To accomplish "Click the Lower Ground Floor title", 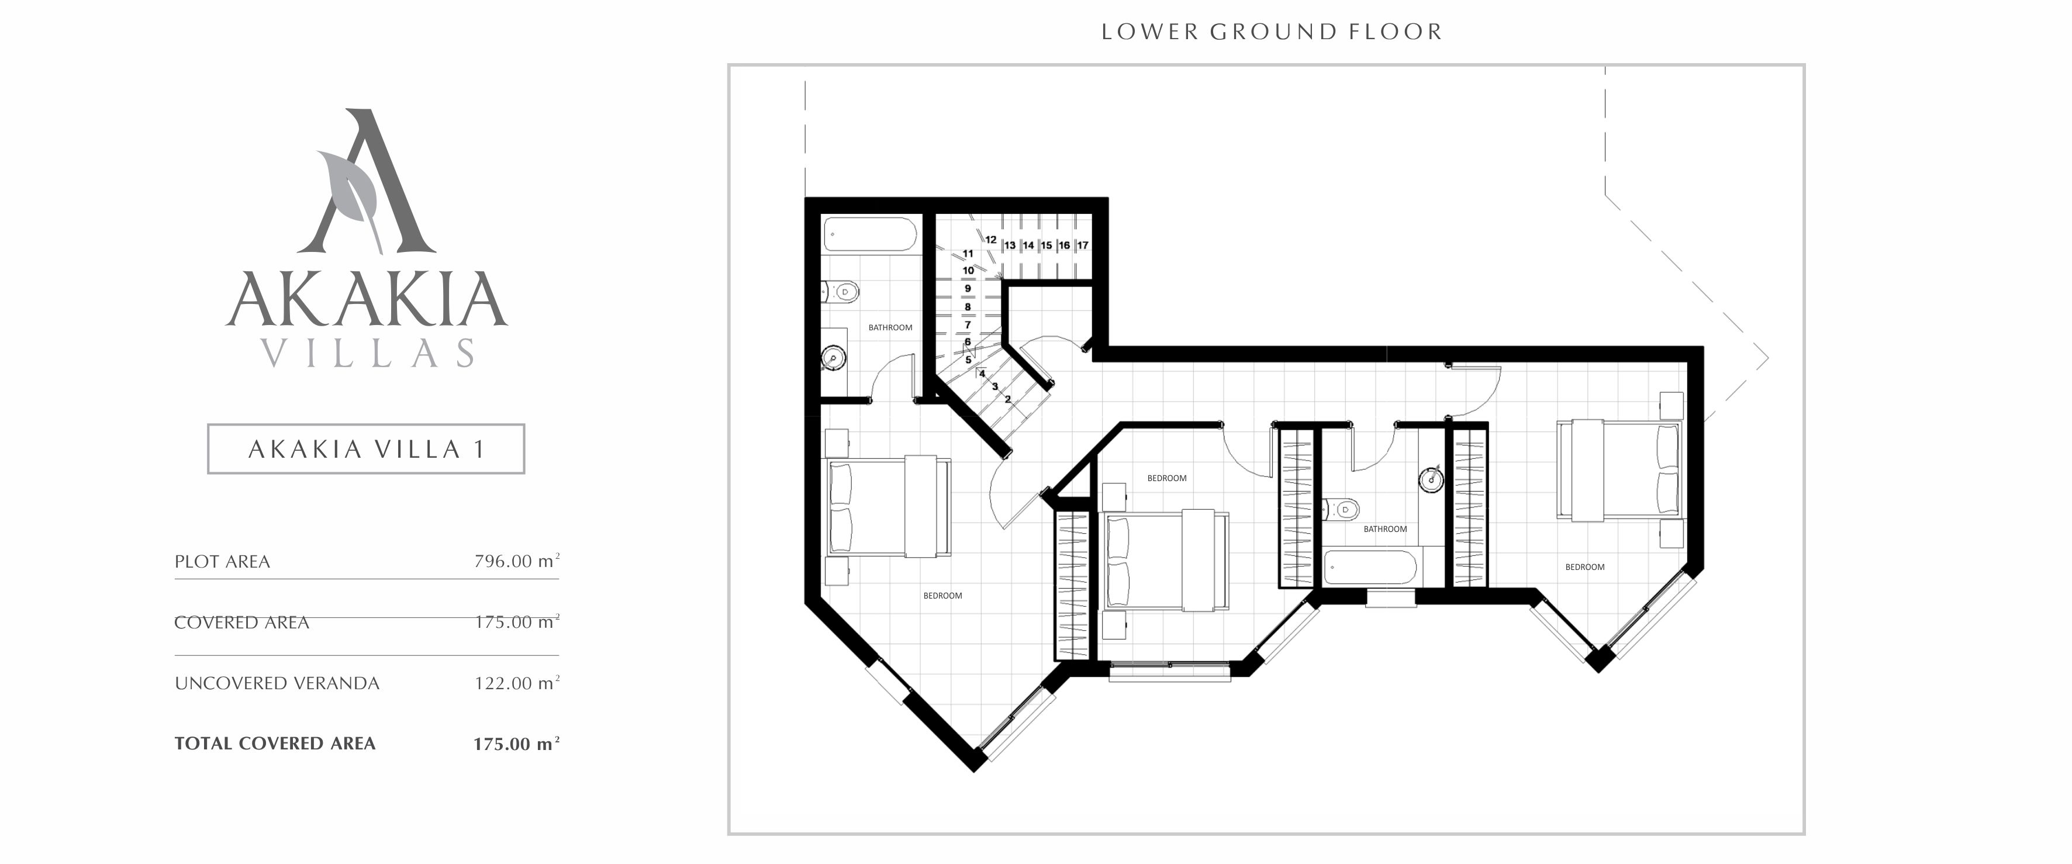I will click(x=1271, y=32).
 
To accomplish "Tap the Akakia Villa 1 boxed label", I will click(x=366, y=449).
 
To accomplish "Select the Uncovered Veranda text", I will click(x=277, y=683).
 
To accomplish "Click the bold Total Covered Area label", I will click(x=275, y=744).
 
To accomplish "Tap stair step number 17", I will click(x=1083, y=246).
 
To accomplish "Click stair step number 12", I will click(x=991, y=240).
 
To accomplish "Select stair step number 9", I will click(x=968, y=288).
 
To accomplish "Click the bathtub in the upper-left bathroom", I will click(x=869, y=236).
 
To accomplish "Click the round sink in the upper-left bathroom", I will click(x=833, y=357).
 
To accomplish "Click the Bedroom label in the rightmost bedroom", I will click(x=1584, y=567).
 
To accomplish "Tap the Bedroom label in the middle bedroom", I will click(x=1166, y=478).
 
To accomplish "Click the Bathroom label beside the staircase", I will click(x=890, y=327).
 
